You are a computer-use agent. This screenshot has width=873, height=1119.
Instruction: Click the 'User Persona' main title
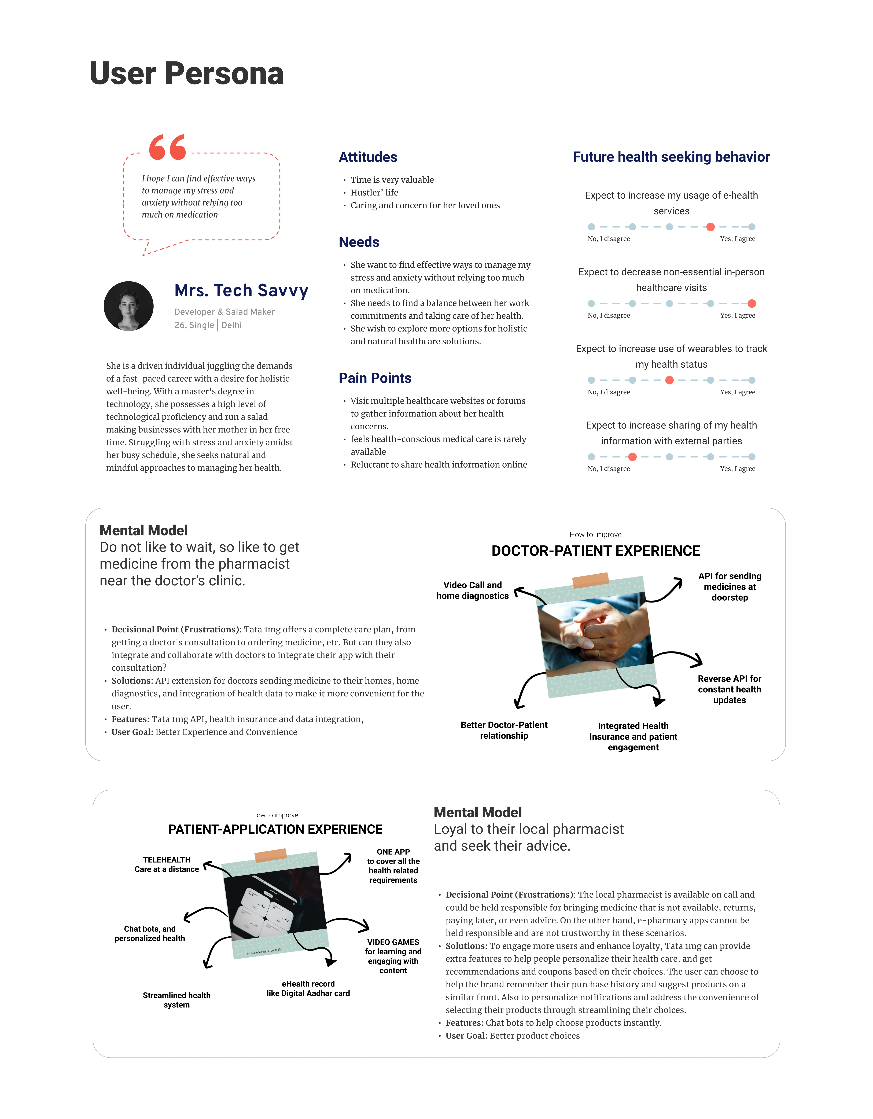point(186,73)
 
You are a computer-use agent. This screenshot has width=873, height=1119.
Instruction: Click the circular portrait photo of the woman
point(129,306)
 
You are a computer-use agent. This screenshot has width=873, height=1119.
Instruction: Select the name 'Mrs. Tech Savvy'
point(241,290)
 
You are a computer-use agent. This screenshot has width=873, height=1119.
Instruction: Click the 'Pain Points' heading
point(375,378)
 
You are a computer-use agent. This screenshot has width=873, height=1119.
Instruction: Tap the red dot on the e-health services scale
point(710,227)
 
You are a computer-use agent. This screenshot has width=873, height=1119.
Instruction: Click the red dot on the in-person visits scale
point(752,303)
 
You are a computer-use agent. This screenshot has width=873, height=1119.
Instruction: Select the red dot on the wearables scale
point(669,380)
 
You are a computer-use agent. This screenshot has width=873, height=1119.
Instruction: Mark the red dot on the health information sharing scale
point(633,456)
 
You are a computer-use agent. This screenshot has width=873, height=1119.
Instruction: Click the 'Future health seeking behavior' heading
point(671,157)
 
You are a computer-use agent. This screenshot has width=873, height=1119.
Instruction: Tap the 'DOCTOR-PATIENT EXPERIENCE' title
point(596,551)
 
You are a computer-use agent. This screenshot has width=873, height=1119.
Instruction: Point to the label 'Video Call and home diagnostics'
point(472,590)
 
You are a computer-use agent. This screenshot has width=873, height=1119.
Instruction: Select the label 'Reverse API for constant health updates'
point(730,689)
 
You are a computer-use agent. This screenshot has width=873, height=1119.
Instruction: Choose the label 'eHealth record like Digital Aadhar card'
point(308,988)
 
